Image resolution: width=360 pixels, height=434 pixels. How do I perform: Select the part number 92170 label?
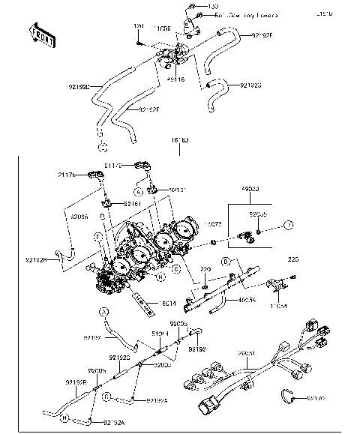(315, 397)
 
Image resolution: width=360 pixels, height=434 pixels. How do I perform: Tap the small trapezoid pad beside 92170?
(288, 397)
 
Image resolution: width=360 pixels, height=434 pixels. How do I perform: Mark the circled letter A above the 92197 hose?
(106, 311)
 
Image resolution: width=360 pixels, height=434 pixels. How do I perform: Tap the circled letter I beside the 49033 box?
(289, 225)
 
